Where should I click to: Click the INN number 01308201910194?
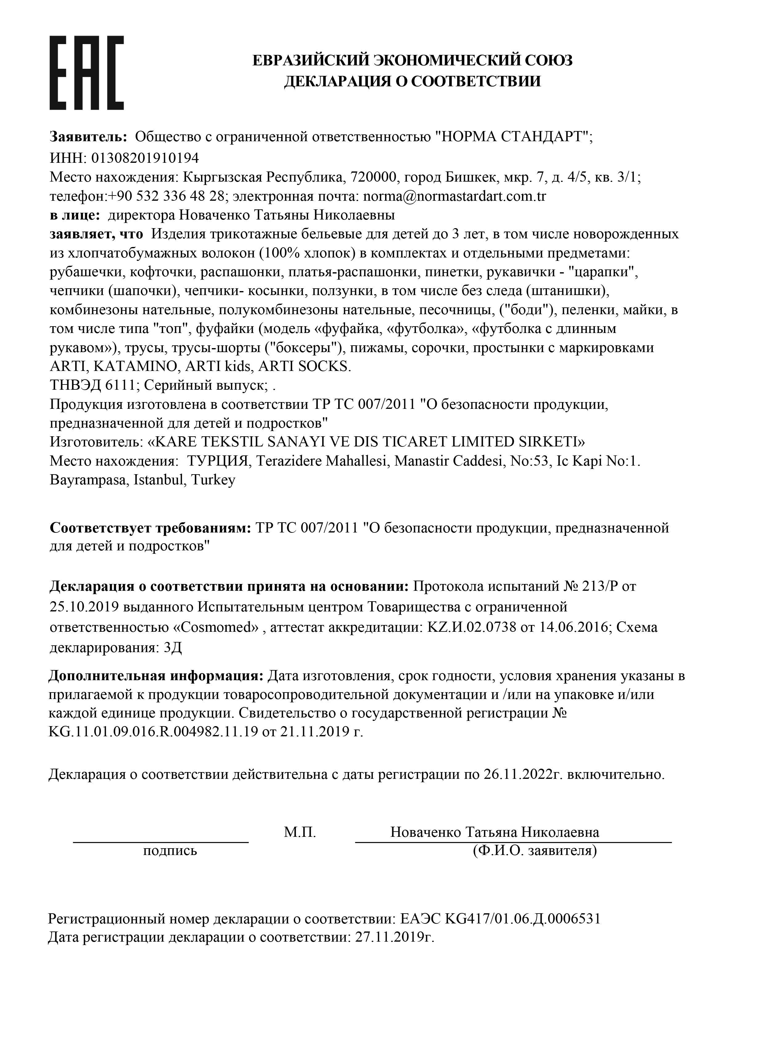pos(145,158)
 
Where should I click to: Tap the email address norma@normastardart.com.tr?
pos(454,196)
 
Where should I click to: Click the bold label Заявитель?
pos(88,137)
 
